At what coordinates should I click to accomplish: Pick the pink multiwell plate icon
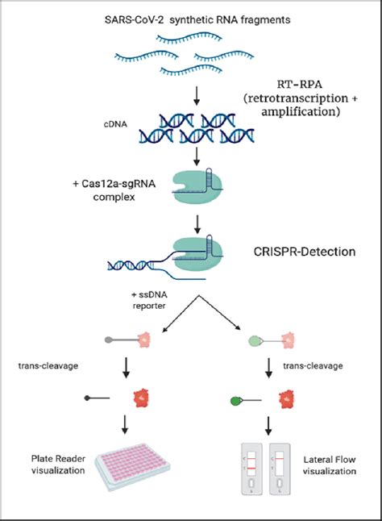[x=132, y=464]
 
